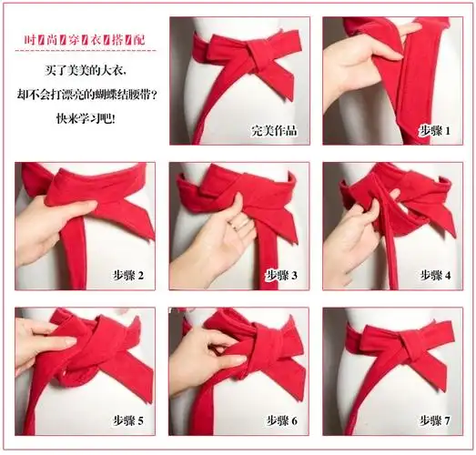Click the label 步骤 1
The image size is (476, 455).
tap(434, 130)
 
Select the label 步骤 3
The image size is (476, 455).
tap(281, 274)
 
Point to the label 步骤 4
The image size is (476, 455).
tap(434, 274)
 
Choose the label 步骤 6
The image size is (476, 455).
tap(281, 420)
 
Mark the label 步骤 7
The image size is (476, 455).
tap(434, 420)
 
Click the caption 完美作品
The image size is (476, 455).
tap(276, 130)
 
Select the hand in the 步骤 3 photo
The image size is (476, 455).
tap(214, 241)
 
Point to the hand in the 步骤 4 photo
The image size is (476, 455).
tap(350, 232)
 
